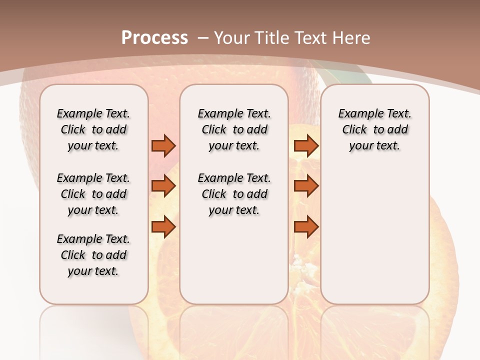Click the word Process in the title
(154, 38)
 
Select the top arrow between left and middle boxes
(163, 146)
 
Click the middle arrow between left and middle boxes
(163, 186)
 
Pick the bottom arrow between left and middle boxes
(163, 227)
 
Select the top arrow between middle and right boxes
(306, 146)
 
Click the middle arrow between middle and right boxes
(306, 186)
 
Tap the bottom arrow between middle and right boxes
(306, 227)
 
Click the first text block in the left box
(93, 129)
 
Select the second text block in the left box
(93, 194)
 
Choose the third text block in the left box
(93, 255)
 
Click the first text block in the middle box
(234, 129)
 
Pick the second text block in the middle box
(234, 194)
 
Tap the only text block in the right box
(374, 129)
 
